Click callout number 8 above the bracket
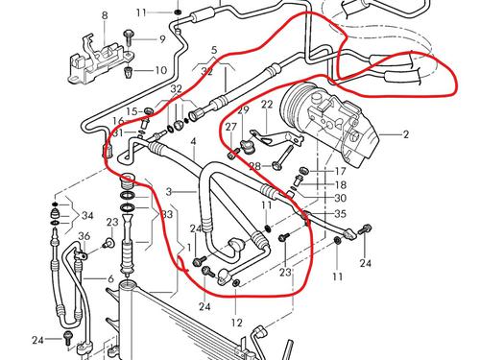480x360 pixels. pyautogui.click(x=105, y=16)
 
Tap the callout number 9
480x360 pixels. pyautogui.click(x=161, y=39)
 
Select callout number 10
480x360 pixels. pyautogui.click(x=161, y=70)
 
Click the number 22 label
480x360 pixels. pyautogui.click(x=266, y=104)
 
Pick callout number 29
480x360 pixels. pyautogui.click(x=244, y=111)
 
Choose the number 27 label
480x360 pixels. pyautogui.click(x=230, y=127)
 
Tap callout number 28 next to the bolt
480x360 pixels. pyautogui.click(x=253, y=166)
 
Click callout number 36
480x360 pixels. pyautogui.click(x=84, y=237)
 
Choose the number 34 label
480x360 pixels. pyautogui.click(x=87, y=214)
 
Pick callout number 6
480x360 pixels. pyautogui.click(x=111, y=278)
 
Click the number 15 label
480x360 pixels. pyautogui.click(x=132, y=110)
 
